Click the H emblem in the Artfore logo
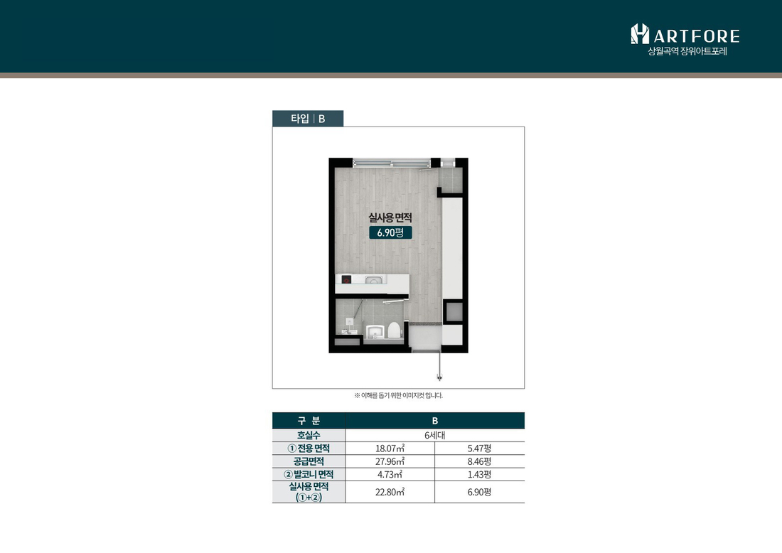click(640, 33)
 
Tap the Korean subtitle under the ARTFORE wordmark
click(687, 51)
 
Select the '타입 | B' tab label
click(308, 119)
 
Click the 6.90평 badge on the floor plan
click(390, 232)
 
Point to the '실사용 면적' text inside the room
click(390, 218)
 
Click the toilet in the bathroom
click(395, 331)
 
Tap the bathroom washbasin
click(375, 332)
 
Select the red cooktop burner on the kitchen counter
click(346, 279)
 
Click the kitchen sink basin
click(373, 280)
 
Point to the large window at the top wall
click(392, 163)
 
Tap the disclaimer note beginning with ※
click(399, 395)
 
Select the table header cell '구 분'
click(309, 421)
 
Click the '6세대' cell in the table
click(435, 435)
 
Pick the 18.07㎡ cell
click(390, 449)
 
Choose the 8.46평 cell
click(479, 461)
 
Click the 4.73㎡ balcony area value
click(390, 474)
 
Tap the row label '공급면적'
click(309, 461)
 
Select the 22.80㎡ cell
click(390, 492)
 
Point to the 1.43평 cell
click(479, 474)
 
